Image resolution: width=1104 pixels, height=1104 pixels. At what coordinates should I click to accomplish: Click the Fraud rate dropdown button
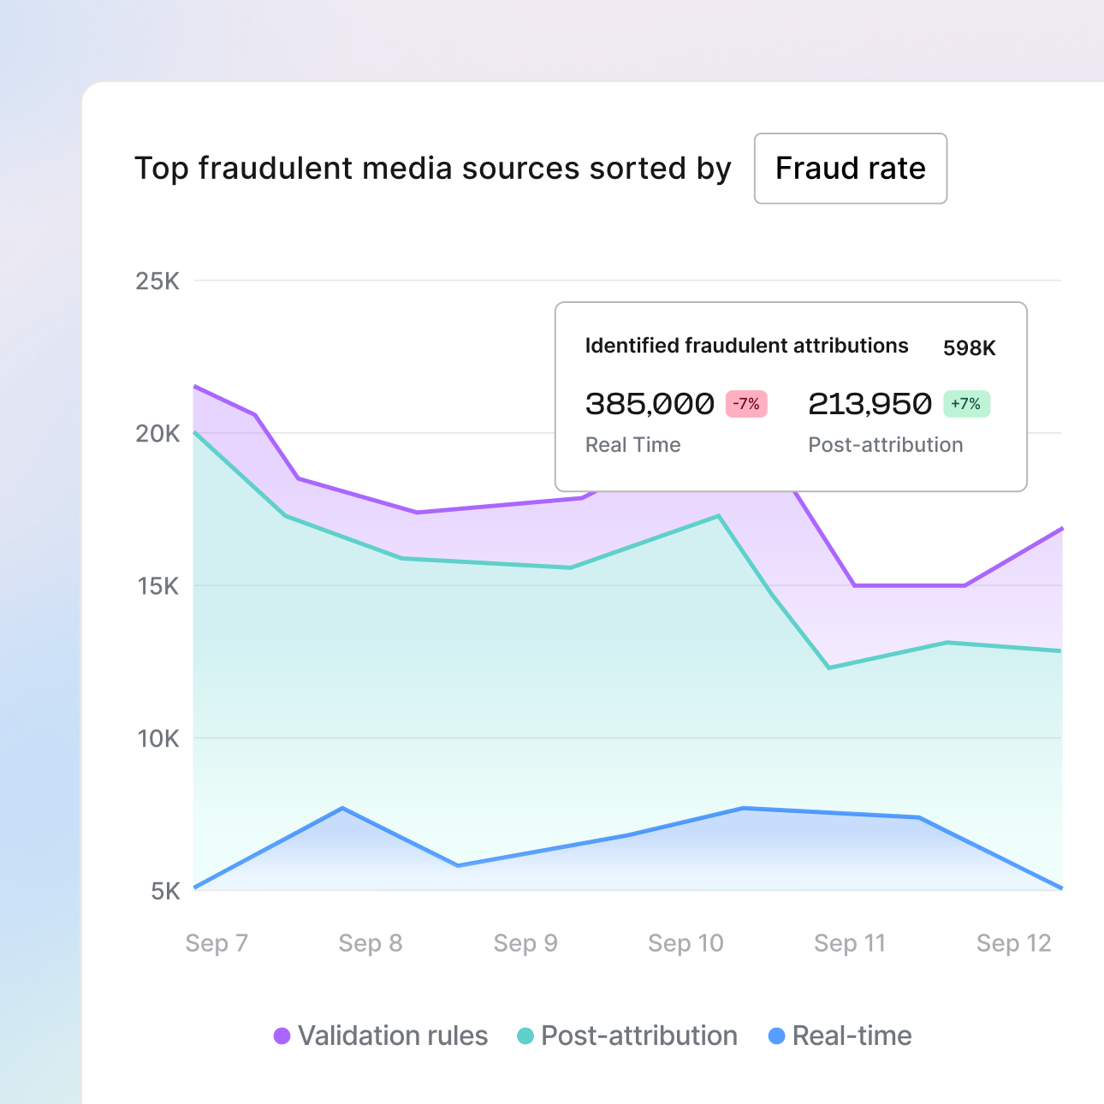click(850, 169)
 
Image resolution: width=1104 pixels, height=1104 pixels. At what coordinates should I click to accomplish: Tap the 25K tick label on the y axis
click(157, 282)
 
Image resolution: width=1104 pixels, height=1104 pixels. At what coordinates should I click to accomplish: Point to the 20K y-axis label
click(157, 434)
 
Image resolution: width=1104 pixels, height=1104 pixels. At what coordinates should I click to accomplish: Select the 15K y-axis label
click(157, 586)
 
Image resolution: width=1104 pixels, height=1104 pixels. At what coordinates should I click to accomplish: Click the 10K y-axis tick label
click(157, 739)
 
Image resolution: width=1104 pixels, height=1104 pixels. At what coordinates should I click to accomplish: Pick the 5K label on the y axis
click(165, 892)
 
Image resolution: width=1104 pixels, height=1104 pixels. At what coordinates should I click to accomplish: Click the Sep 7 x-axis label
click(217, 943)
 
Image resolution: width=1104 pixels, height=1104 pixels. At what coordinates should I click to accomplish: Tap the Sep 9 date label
click(525, 943)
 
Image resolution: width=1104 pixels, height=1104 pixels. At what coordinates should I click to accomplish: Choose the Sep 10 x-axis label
click(686, 943)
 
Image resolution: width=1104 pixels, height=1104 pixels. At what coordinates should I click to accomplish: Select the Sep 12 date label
click(1013, 943)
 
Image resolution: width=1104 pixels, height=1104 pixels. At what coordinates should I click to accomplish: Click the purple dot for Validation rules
click(282, 1036)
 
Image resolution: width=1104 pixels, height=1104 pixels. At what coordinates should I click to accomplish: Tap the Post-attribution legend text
click(638, 1036)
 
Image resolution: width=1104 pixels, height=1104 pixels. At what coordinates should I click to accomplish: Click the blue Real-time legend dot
click(777, 1036)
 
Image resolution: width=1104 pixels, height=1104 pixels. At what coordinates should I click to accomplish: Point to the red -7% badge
click(746, 404)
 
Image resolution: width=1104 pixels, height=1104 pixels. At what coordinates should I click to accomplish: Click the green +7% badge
click(966, 404)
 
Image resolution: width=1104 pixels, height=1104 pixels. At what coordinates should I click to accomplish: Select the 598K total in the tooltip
click(969, 348)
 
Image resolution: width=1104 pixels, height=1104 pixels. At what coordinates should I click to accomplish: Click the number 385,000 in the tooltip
click(650, 404)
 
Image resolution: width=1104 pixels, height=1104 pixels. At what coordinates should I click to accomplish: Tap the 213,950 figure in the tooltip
click(870, 404)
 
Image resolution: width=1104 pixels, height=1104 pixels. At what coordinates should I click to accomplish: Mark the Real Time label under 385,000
click(632, 445)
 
